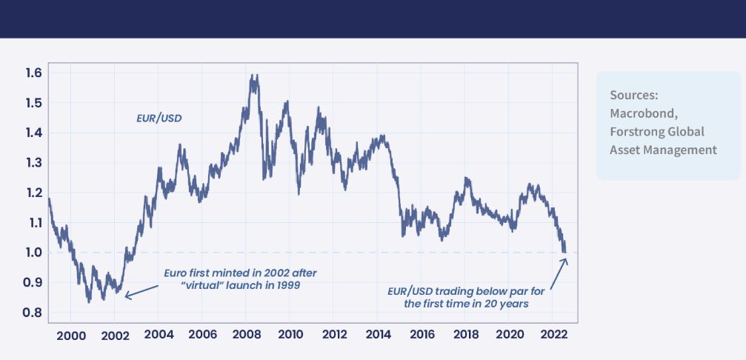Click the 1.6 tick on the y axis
point(33,73)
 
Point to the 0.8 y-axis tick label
point(33,313)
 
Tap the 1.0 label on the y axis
point(33,253)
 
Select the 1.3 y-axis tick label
point(33,163)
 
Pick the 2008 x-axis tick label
point(247,334)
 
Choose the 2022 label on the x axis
point(553,334)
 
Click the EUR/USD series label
point(159,117)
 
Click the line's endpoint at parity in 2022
point(565,253)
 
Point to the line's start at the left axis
point(49,199)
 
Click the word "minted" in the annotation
point(219,273)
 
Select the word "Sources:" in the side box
point(634,96)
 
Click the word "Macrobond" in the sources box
point(642,113)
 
